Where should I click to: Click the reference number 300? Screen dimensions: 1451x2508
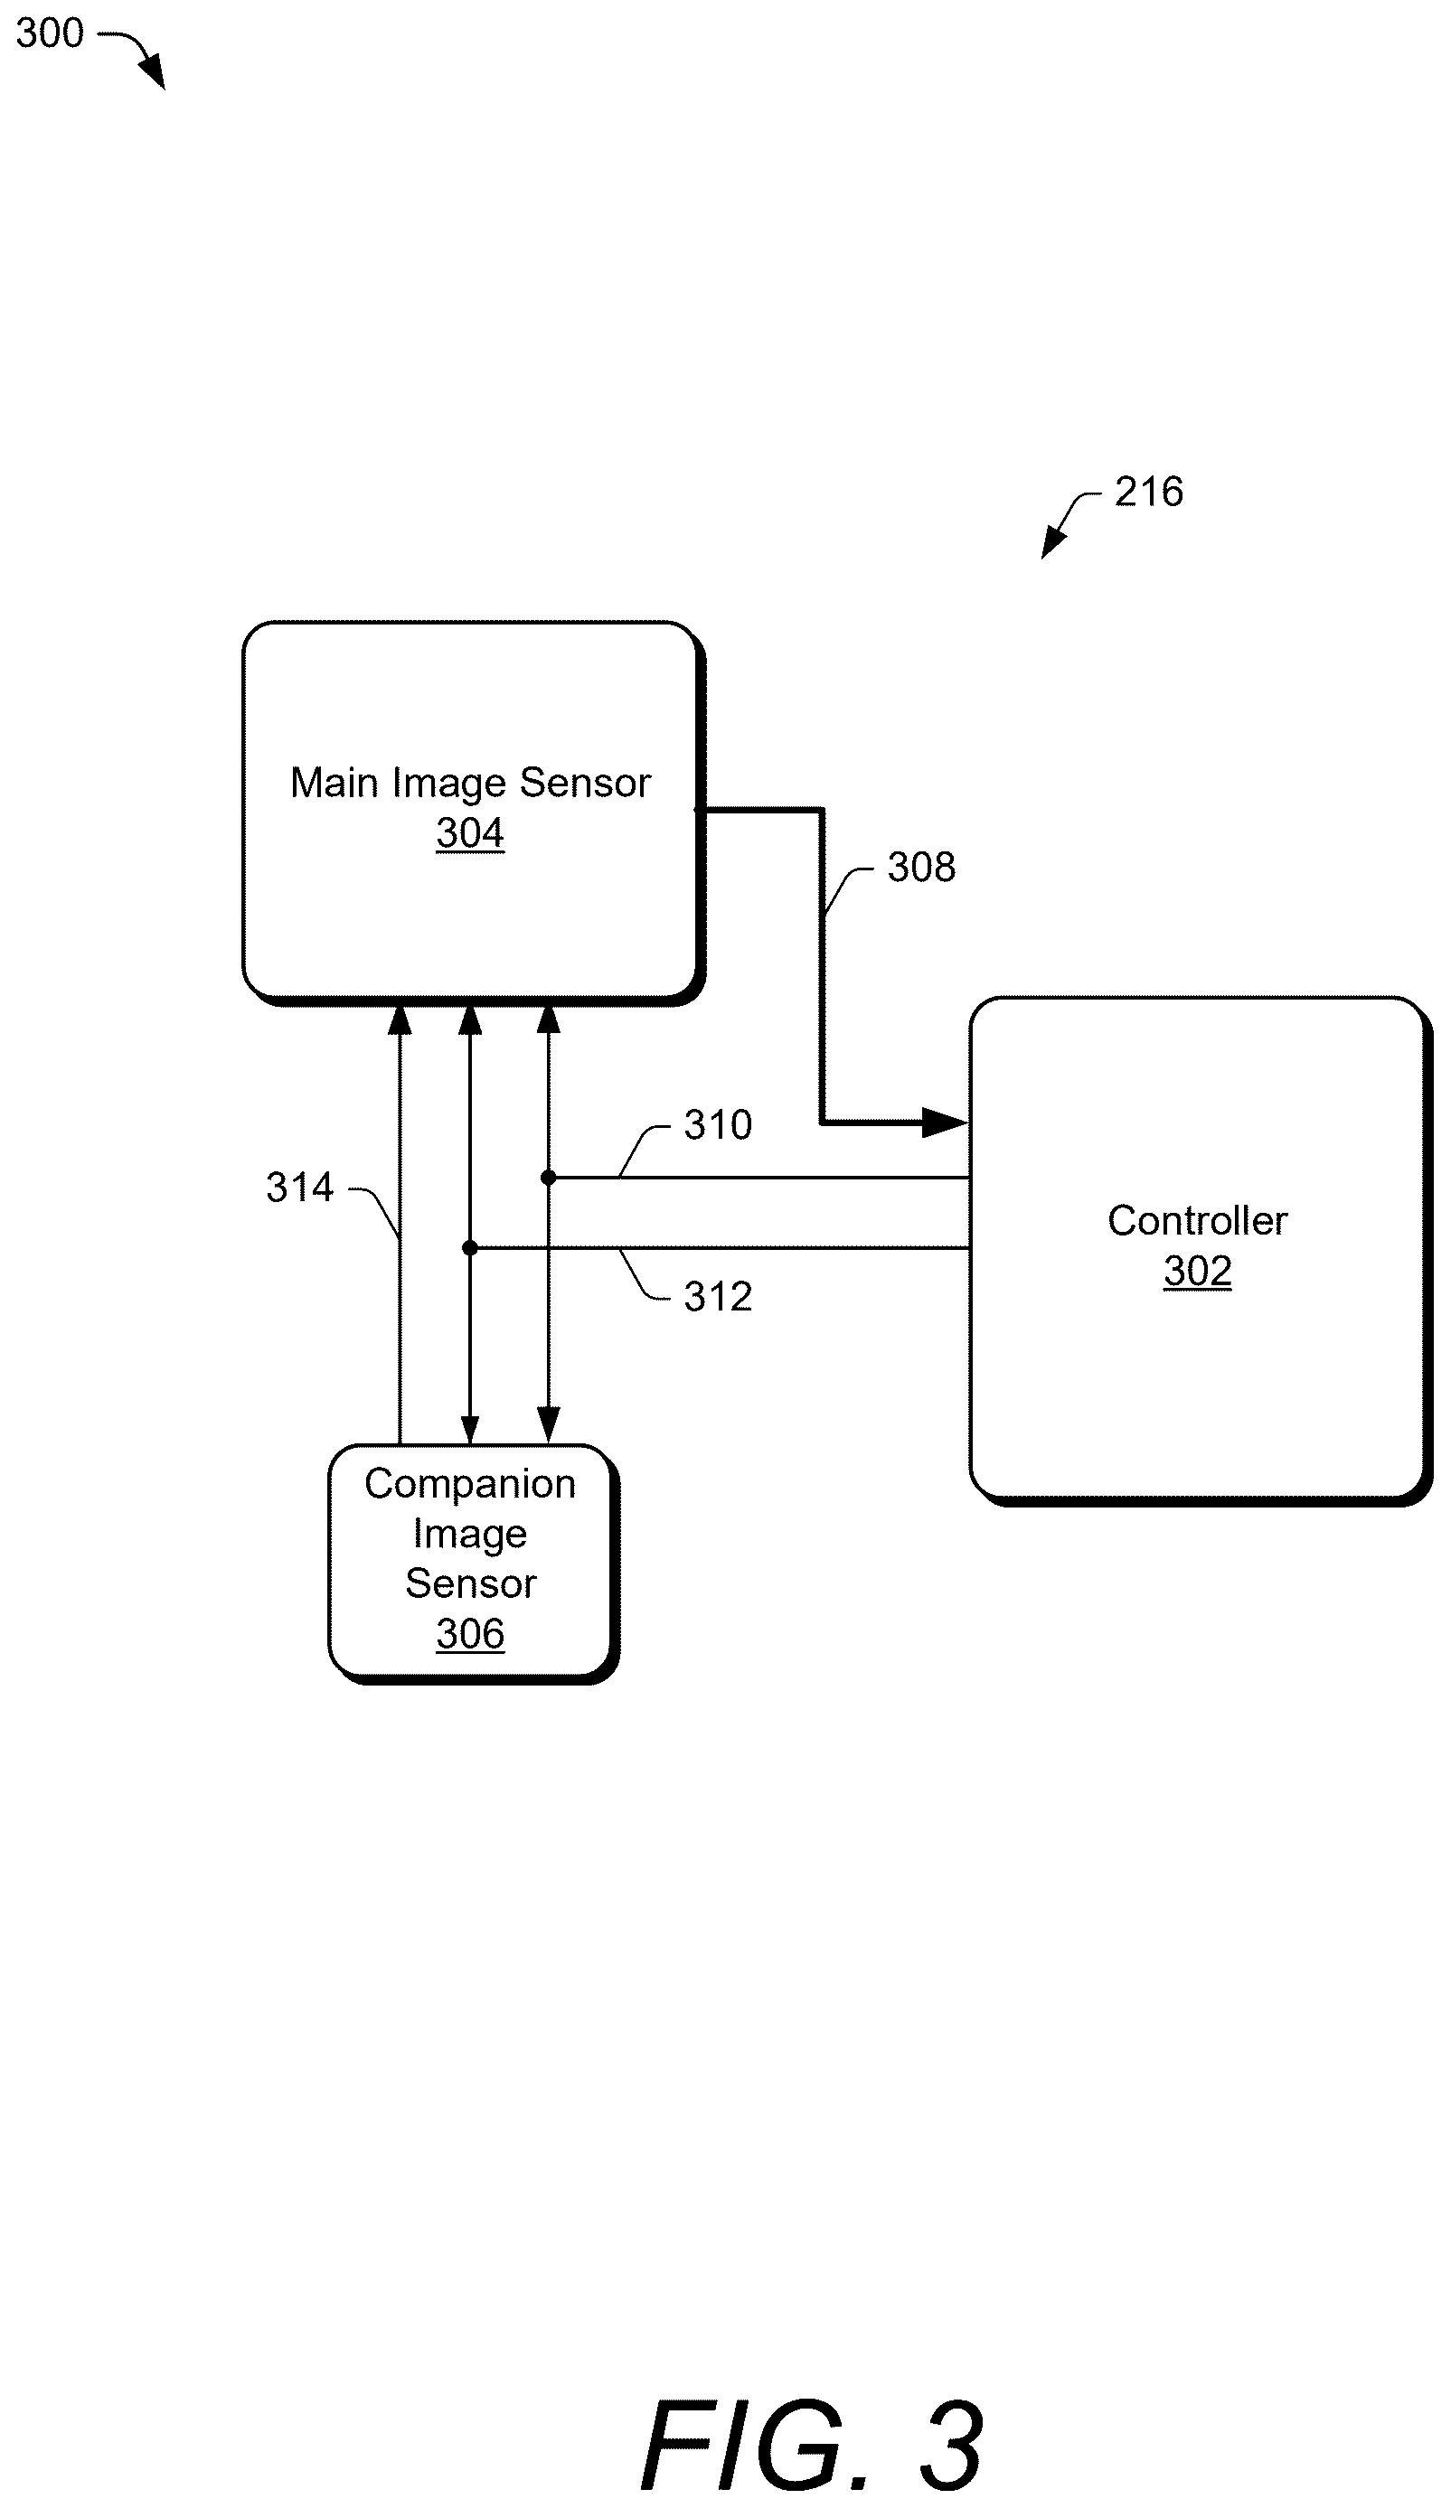[x=50, y=33]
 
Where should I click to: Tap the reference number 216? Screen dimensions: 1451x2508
[x=1148, y=492]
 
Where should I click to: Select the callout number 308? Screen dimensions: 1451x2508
[x=921, y=867]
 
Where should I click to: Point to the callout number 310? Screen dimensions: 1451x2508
[x=718, y=1124]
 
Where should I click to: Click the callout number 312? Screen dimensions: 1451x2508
[x=718, y=1297]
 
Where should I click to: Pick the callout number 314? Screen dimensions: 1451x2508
[x=299, y=1188]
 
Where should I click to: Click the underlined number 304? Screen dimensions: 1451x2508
[x=470, y=833]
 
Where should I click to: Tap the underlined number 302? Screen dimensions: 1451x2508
[x=1197, y=1271]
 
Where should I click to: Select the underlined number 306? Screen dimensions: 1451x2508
[x=470, y=1633]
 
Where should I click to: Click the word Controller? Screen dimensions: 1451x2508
[x=1197, y=1220]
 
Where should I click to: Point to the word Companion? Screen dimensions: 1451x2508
[x=470, y=1484]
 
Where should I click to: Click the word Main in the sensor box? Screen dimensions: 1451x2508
[x=334, y=783]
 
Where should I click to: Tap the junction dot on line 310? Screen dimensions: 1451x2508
[x=549, y=1178]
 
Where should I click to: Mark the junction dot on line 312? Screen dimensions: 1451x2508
[x=470, y=1247]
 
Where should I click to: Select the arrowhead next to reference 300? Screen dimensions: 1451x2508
[x=152, y=71]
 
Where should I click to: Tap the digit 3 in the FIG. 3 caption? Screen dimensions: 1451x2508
[x=950, y=2446]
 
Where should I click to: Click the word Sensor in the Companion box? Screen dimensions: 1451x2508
[x=471, y=1583]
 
